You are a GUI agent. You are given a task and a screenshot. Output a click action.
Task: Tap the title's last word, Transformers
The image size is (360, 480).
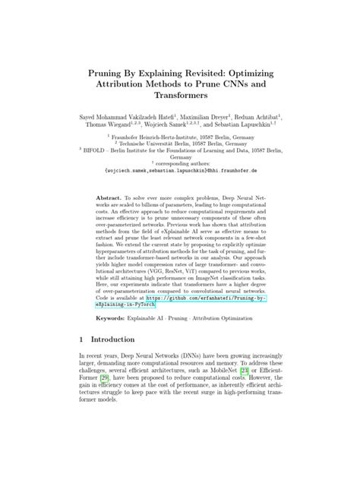pos(179,102)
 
